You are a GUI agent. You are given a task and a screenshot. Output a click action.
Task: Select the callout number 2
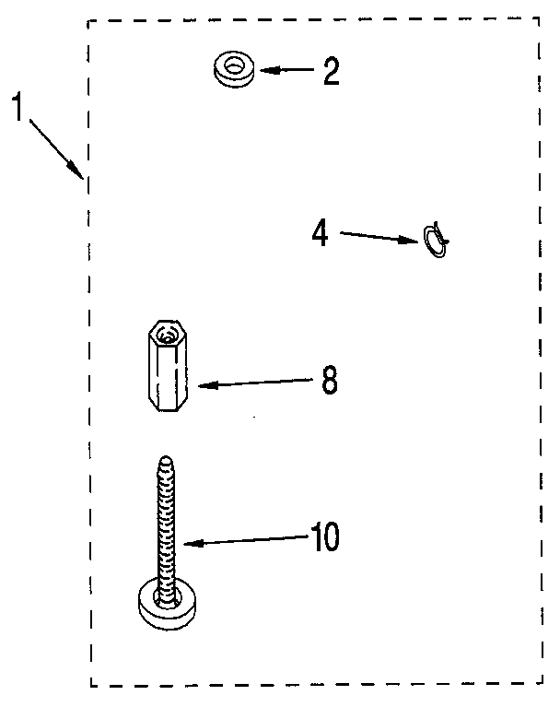[329, 71]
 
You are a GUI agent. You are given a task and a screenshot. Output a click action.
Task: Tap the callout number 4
[320, 232]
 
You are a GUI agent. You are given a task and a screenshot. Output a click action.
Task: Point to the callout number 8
[329, 380]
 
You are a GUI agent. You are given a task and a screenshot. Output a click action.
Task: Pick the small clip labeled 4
[436, 240]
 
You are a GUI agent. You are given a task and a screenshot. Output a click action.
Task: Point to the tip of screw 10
[166, 460]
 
